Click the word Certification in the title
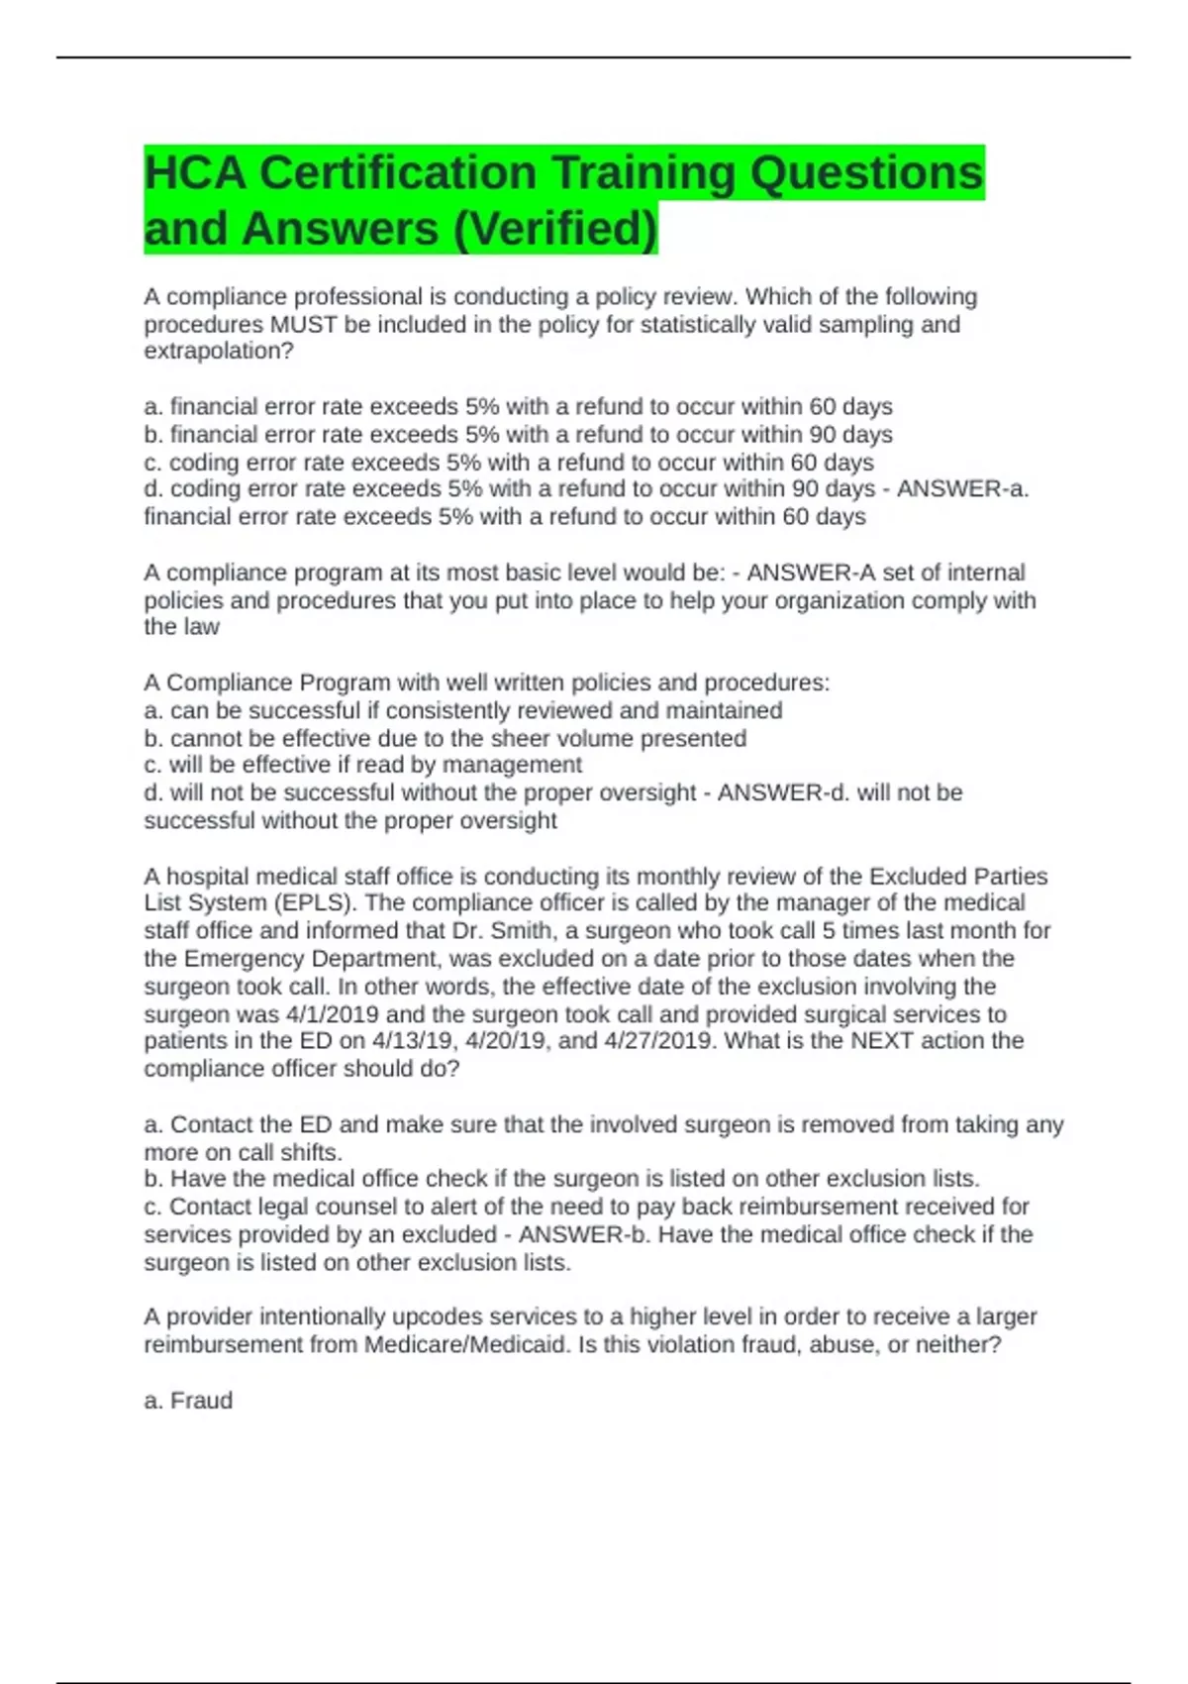click(x=397, y=173)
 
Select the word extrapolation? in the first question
click(x=219, y=352)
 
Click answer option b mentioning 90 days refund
click(x=518, y=435)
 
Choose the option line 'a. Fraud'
click(x=188, y=1401)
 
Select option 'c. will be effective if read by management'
click(x=362, y=766)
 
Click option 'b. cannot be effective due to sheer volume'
click(x=445, y=739)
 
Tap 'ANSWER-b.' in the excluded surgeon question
click(x=584, y=1235)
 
